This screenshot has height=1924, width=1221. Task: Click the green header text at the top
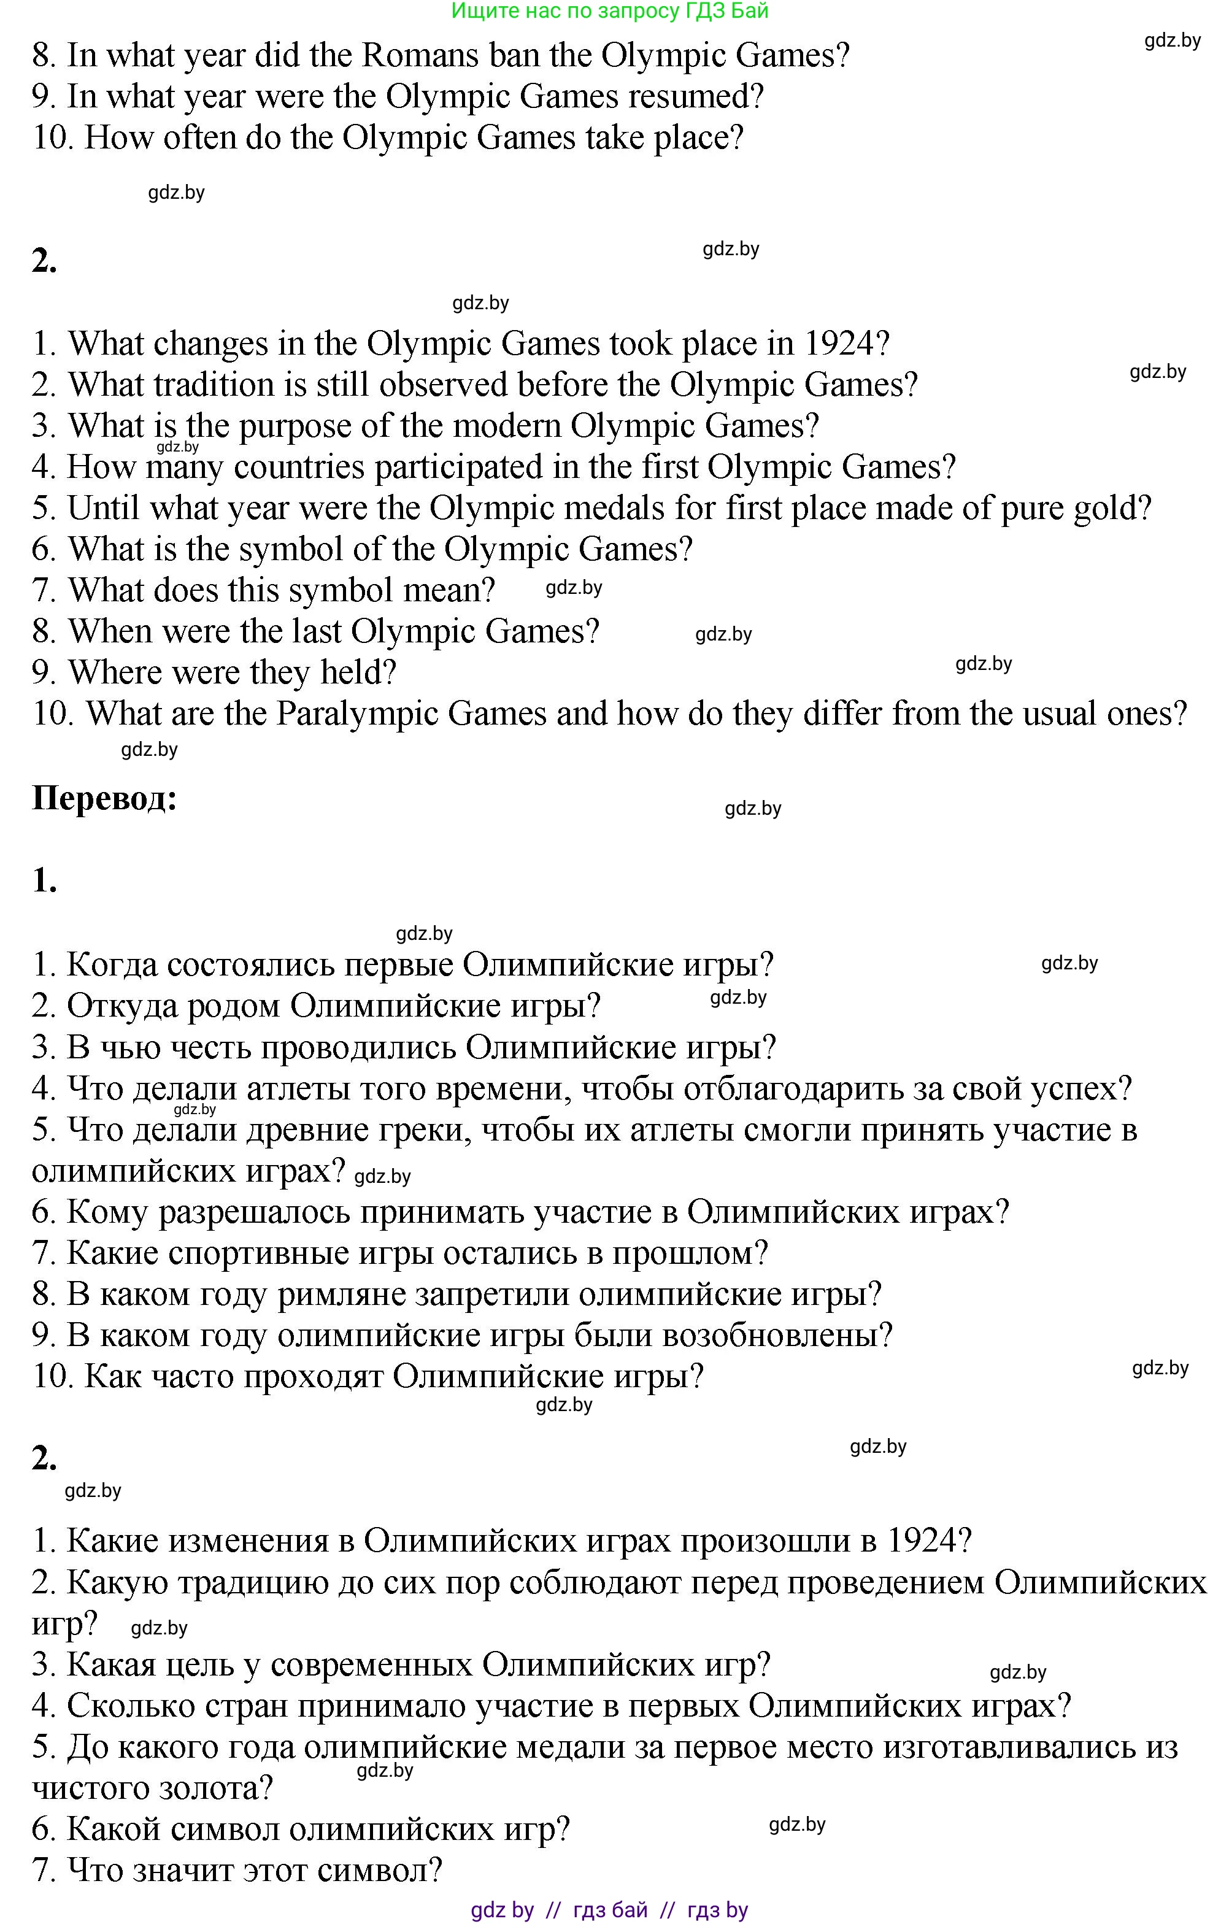click(x=610, y=10)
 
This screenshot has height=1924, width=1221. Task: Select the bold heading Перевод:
click(x=104, y=798)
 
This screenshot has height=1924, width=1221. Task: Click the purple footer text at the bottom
click(x=610, y=1911)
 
